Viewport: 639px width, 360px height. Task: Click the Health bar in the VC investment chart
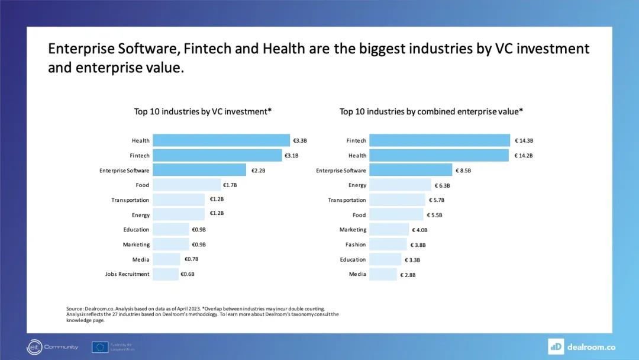click(221, 140)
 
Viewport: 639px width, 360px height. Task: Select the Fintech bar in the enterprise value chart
click(440, 140)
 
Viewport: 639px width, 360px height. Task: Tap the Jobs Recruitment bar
click(166, 274)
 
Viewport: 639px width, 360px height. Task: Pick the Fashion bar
click(388, 245)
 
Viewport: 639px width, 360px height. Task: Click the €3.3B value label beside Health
click(300, 141)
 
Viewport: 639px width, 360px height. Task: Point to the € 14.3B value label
click(524, 141)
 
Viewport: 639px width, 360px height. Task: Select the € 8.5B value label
click(463, 171)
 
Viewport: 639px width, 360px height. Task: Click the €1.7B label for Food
click(230, 185)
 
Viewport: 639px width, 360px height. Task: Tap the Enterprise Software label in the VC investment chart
click(124, 171)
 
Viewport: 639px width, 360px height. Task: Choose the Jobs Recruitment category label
click(127, 274)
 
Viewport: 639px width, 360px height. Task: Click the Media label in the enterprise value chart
click(357, 274)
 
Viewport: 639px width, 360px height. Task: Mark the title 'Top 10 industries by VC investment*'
click(202, 111)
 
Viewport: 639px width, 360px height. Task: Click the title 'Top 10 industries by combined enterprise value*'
click(431, 111)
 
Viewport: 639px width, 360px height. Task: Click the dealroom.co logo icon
click(556, 346)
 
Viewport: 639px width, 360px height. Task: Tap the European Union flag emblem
click(100, 347)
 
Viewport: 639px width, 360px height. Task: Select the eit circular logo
click(34, 347)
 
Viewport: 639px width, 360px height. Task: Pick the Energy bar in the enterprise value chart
click(400, 185)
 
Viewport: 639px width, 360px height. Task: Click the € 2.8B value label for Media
click(408, 275)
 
